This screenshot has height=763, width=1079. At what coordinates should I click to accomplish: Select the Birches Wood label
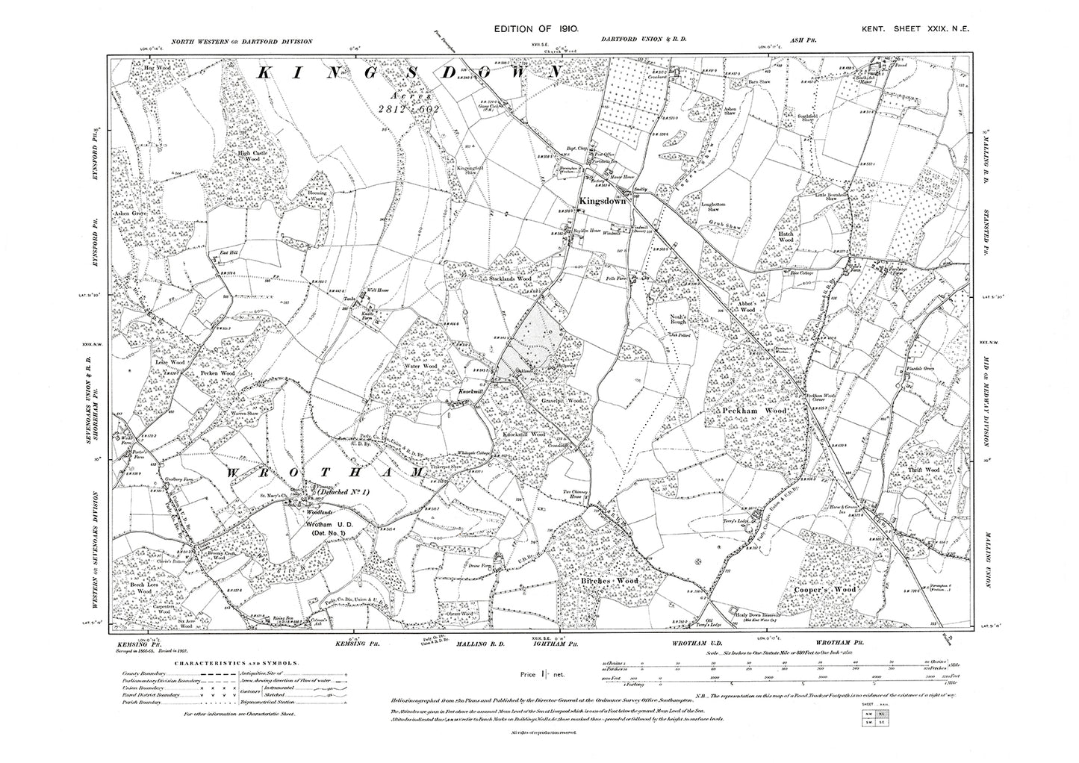(609, 580)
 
